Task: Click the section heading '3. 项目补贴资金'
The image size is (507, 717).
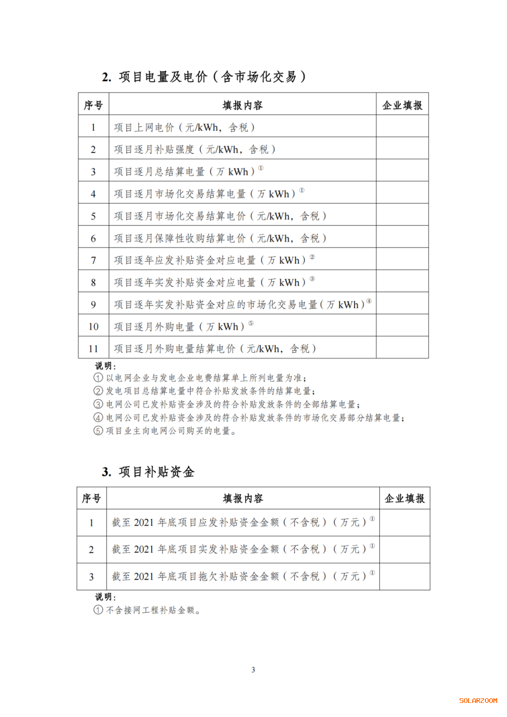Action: coord(148,471)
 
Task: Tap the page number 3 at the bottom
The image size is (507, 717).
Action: coord(253,670)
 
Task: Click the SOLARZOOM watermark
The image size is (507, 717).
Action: coord(478,701)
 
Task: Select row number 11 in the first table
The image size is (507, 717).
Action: coord(93,348)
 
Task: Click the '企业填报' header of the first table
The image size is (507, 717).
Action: coord(402,105)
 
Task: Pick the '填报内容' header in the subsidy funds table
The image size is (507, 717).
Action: coord(243,498)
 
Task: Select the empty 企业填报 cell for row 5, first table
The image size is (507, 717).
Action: coord(402,216)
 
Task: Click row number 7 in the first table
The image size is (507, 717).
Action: coord(93,260)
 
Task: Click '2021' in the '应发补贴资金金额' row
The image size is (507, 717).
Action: coord(144,522)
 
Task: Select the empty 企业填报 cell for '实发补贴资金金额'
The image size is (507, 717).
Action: coord(404,549)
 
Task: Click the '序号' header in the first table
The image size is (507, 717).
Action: coord(93,105)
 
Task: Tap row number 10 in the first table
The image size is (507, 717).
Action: coord(93,326)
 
